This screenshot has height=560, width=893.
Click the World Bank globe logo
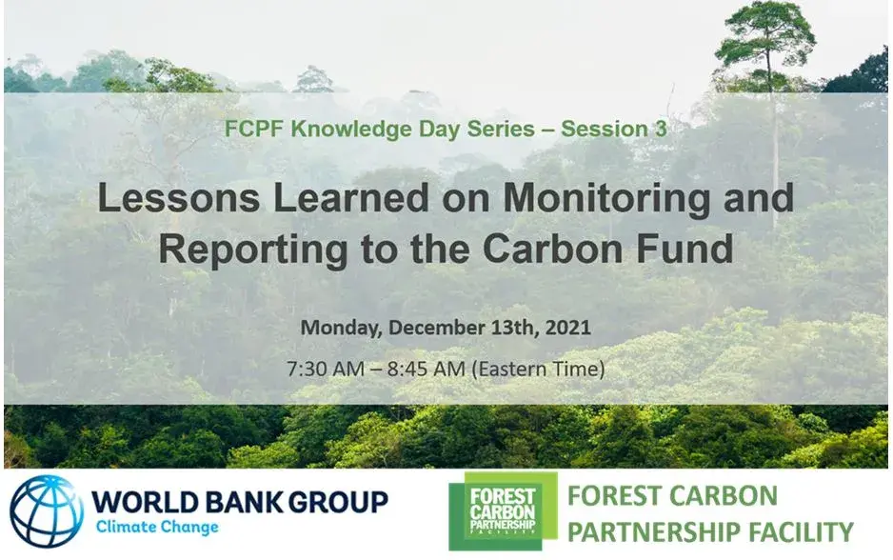click(x=47, y=511)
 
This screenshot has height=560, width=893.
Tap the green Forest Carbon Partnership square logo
click(x=503, y=511)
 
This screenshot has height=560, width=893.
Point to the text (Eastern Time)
click(x=539, y=369)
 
